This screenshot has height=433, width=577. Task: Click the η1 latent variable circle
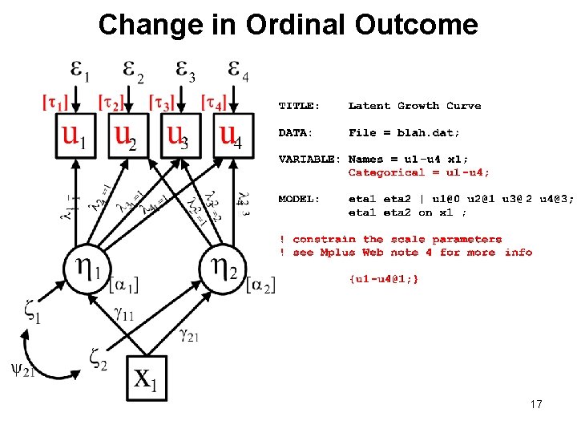click(x=88, y=267)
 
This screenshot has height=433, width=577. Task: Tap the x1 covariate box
click(x=147, y=378)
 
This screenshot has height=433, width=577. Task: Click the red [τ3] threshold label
click(x=163, y=103)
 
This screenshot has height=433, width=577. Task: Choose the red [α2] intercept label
click(x=260, y=285)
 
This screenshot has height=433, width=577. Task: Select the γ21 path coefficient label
click(x=189, y=334)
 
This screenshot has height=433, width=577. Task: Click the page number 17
click(x=536, y=404)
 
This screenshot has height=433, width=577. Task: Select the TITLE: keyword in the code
click(x=299, y=106)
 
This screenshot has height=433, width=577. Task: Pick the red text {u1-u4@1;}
click(x=383, y=278)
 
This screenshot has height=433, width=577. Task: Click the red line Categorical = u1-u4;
click(x=418, y=172)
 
